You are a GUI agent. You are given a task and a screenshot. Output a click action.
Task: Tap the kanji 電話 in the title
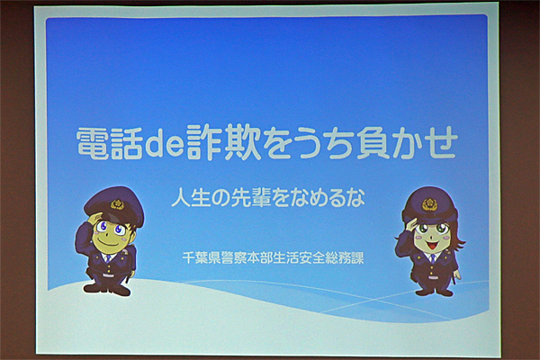pos(109,142)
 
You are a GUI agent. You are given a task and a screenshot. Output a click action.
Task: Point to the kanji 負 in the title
pos(373,142)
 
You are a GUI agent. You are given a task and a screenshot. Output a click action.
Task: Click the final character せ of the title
pos(441,142)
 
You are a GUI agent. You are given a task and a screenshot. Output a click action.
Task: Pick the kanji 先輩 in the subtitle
pos(251,198)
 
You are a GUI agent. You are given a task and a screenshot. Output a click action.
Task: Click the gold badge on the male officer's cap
pos(117,204)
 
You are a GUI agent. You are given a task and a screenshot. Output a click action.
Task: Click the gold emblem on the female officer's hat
pos(429,204)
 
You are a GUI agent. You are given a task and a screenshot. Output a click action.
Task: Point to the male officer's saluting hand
pos(94,219)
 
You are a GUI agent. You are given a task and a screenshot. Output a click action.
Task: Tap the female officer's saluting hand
pos(411,225)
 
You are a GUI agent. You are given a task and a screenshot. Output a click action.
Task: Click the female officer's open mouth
pos(432,246)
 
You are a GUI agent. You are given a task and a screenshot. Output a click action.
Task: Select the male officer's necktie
pos(108,258)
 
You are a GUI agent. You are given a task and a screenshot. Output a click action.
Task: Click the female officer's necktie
pos(433,258)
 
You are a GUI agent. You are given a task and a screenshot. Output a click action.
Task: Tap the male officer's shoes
pos(107,290)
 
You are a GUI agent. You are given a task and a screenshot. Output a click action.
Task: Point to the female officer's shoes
pos(434,292)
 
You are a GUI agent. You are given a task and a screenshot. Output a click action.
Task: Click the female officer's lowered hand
pos(457,274)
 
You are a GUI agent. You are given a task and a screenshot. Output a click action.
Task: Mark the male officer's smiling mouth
pos(108,243)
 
